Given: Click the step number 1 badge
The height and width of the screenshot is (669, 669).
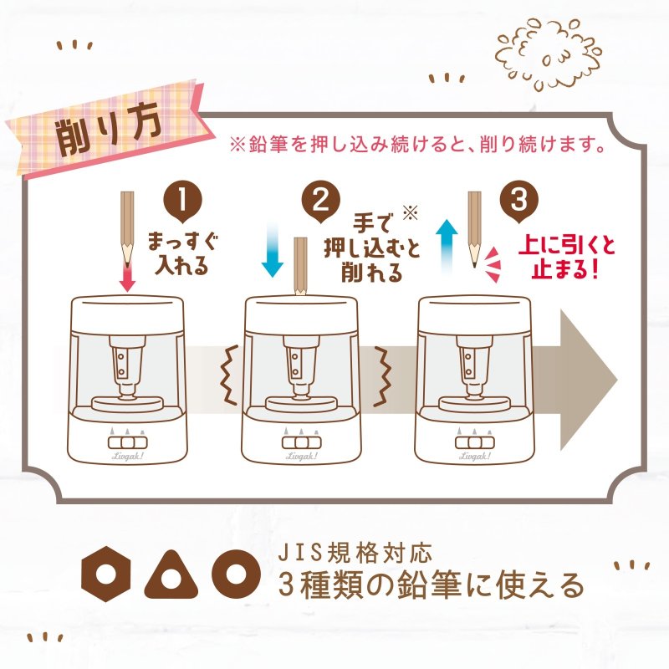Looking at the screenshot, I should pyautogui.click(x=184, y=203).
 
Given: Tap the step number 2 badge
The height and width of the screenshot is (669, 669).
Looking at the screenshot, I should pyautogui.click(x=320, y=203).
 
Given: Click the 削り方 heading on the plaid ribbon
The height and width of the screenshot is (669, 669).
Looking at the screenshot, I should pyautogui.click(x=109, y=131).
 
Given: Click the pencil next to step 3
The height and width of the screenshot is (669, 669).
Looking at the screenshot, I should pyautogui.click(x=474, y=226).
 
